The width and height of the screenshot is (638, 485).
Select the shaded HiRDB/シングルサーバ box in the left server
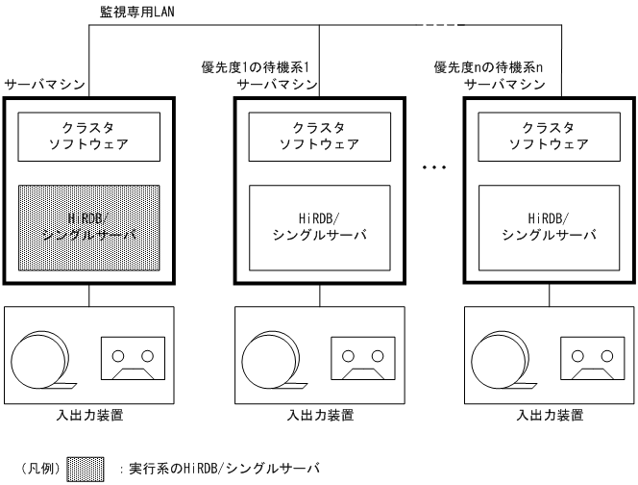tap(89, 227)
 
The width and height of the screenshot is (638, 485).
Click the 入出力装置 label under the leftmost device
tap(88, 416)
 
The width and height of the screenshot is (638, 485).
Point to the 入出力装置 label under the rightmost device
tap(546, 416)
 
